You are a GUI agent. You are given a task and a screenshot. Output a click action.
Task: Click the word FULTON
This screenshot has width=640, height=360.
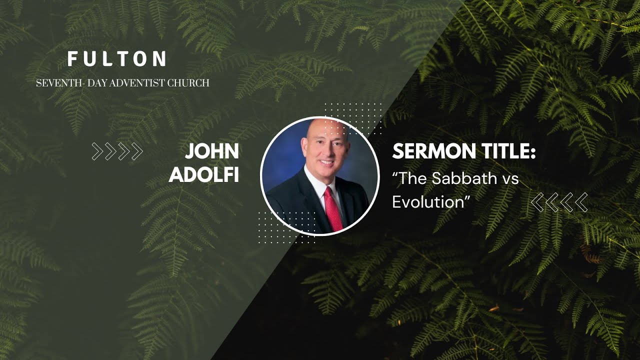pyautogui.click(x=117, y=59)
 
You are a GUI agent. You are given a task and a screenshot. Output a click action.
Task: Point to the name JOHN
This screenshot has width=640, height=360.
pyautogui.click(x=212, y=151)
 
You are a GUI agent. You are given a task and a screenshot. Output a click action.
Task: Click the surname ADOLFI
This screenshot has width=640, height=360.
pyautogui.click(x=204, y=174)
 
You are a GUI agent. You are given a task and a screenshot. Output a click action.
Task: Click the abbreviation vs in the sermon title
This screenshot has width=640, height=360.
pyautogui.click(x=508, y=178)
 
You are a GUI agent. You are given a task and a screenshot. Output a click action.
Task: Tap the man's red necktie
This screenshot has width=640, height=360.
pyautogui.click(x=333, y=210)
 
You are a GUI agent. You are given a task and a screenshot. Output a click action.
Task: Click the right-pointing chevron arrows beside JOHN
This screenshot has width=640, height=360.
pyautogui.click(x=117, y=151)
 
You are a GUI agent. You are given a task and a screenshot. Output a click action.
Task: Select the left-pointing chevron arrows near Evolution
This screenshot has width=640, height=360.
pyautogui.click(x=559, y=202)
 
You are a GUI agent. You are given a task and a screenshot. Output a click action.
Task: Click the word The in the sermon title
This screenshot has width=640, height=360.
pyautogui.click(x=408, y=178)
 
